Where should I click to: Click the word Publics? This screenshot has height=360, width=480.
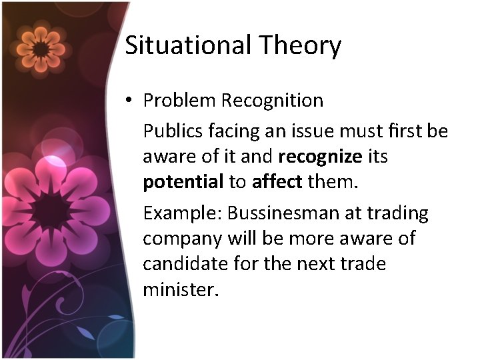click(x=173, y=131)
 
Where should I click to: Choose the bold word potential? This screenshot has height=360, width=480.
click(x=183, y=182)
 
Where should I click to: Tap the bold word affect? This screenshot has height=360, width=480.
click(x=277, y=182)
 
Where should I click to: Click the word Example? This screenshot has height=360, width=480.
click(x=183, y=214)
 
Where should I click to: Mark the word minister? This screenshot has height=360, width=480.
click(x=180, y=289)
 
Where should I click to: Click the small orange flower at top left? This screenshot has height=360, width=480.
click(x=40, y=48)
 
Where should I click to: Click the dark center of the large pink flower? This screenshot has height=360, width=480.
click(x=52, y=212)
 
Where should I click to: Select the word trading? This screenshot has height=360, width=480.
click(x=397, y=213)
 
